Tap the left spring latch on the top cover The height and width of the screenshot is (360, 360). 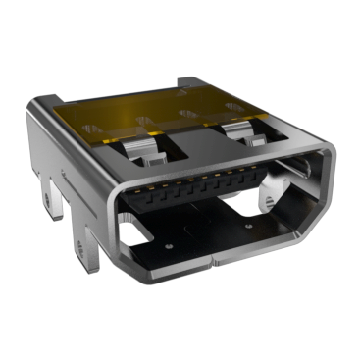(x=147, y=147)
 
